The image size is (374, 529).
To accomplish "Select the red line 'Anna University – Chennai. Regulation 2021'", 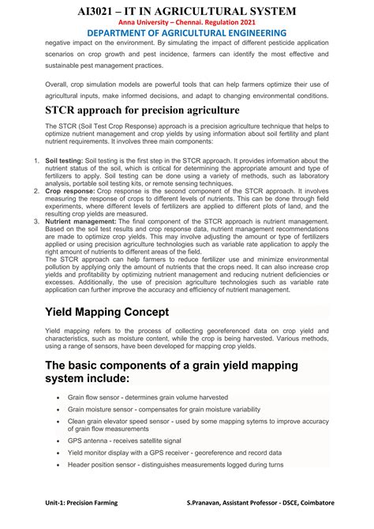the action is coord(186,22).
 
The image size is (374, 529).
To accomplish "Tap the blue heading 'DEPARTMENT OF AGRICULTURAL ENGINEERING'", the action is coord(186,33).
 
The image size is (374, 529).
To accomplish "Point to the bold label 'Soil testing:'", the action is coord(65,160).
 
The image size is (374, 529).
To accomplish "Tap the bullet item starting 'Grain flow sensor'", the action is coord(148,397).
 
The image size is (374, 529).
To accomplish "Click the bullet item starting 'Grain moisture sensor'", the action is coord(163,411).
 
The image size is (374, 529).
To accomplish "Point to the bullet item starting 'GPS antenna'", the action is coord(124,440).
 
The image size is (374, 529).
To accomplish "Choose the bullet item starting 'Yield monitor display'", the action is coord(174,453).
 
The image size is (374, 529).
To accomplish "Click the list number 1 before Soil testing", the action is coord(36,160).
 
